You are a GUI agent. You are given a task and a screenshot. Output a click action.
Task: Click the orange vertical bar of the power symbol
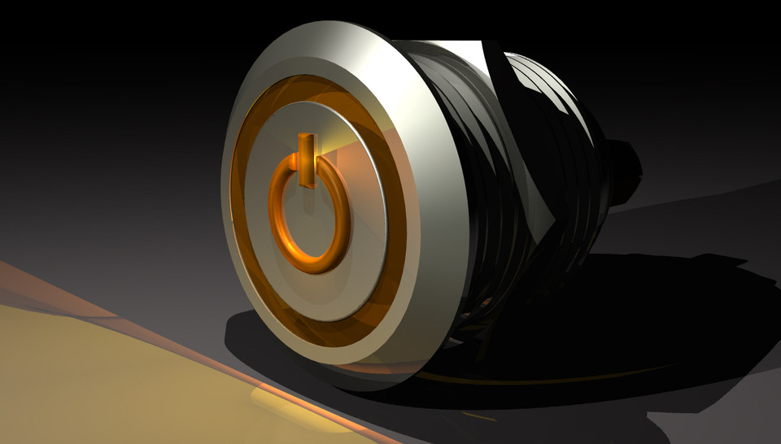click(306, 160)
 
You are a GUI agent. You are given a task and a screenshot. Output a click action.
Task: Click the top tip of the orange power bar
click(306, 137)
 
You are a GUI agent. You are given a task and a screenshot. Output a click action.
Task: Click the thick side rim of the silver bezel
click(431, 244)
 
